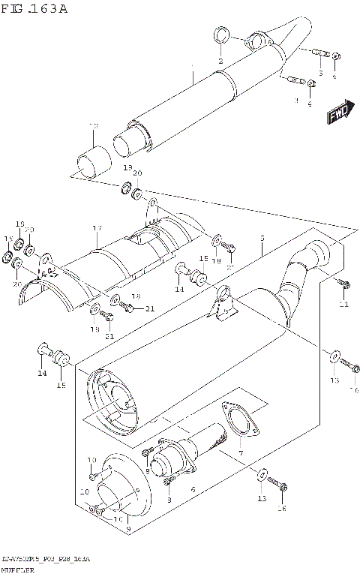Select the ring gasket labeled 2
pos(221,35)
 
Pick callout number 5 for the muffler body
pos(262,239)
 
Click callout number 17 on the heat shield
pos(97,228)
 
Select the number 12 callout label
pos(94,126)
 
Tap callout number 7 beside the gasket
pos(240,454)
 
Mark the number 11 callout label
pos(344,304)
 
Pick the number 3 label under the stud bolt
pos(320,74)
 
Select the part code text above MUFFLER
pos(45,560)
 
